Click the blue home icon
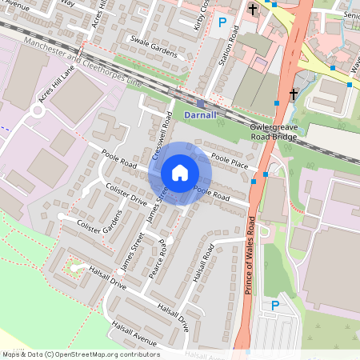(180, 173)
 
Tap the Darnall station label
(200, 115)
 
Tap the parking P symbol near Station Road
(222, 23)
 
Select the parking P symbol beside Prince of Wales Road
(276, 306)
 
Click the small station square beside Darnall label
(200, 103)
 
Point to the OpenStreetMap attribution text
(80, 354)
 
